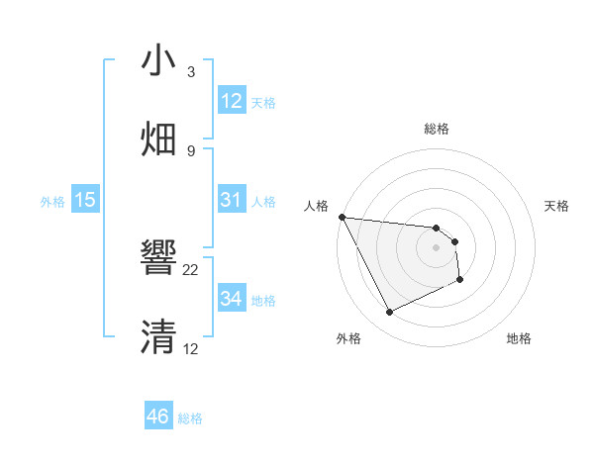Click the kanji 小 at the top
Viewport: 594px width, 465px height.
tap(159, 61)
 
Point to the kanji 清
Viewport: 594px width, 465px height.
tap(159, 336)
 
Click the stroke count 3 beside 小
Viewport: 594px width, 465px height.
tap(190, 72)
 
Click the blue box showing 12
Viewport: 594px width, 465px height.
tap(232, 101)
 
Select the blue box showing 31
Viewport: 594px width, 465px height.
tap(232, 200)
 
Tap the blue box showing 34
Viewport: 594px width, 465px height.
tap(232, 298)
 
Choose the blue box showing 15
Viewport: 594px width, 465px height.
tap(85, 200)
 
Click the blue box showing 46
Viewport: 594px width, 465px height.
tap(158, 417)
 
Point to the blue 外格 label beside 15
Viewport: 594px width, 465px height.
tap(51, 201)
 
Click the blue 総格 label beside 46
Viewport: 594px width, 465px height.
tap(190, 418)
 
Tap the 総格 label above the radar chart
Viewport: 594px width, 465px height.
tap(437, 129)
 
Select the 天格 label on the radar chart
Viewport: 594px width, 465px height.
tap(557, 206)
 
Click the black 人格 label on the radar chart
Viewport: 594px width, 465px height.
tap(316, 206)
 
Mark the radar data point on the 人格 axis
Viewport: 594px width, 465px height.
tap(342, 217)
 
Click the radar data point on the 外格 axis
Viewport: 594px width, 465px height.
tap(389, 313)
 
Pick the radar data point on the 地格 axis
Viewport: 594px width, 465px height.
tap(460, 280)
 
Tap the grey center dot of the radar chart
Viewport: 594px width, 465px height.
tap(437, 247)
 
